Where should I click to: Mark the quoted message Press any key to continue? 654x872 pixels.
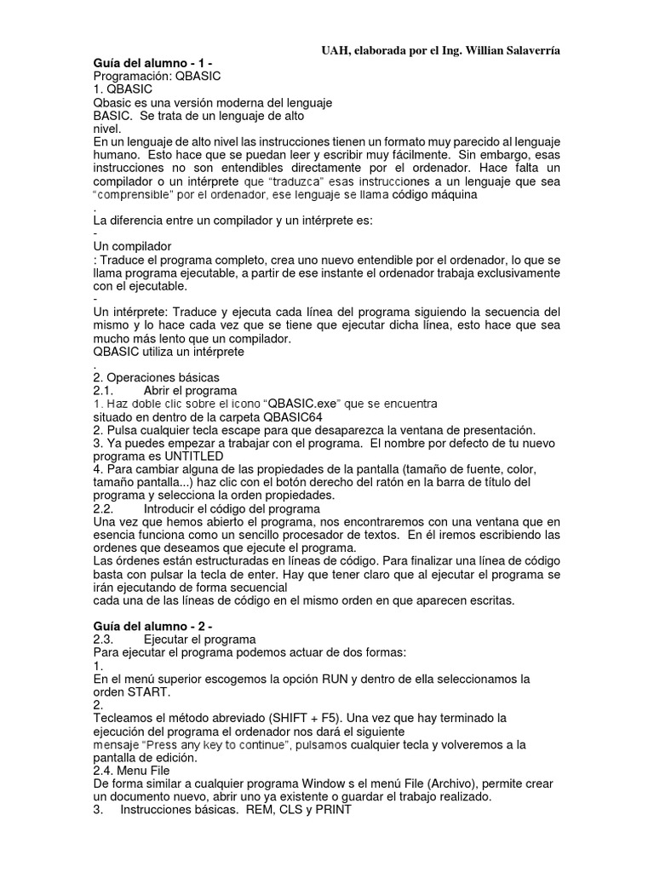click(216, 744)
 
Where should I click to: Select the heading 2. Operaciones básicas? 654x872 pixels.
click(156, 377)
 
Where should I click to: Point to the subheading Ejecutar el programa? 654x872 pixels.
click(199, 640)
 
